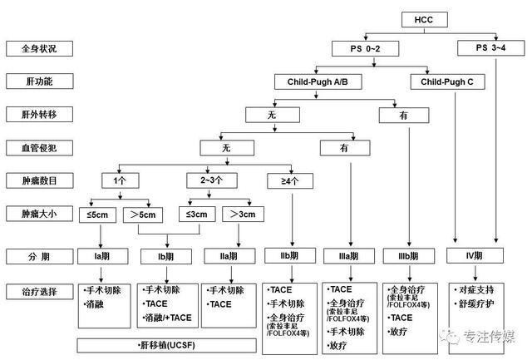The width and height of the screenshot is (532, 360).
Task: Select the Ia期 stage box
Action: pyautogui.click(x=101, y=254)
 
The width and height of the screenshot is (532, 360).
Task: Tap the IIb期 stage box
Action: pyautogui.click(x=288, y=254)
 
